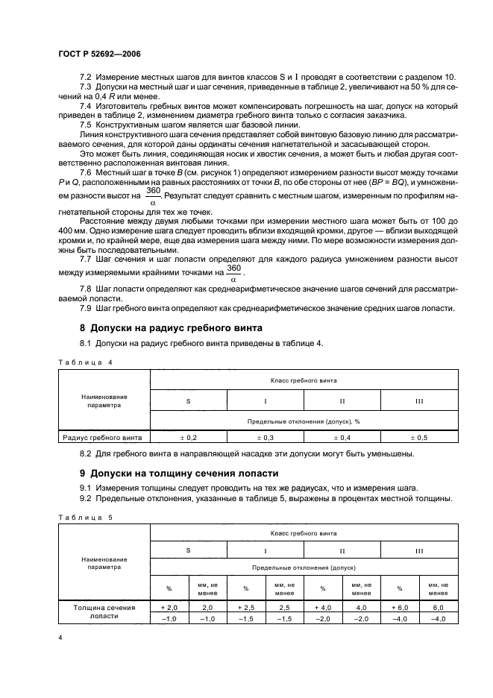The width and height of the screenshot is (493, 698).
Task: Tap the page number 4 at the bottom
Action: coord(60,638)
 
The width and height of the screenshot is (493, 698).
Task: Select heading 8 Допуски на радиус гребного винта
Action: coord(171,328)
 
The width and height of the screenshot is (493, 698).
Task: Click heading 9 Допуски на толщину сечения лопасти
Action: coord(179,473)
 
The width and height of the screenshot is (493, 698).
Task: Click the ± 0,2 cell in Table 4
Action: coord(189,437)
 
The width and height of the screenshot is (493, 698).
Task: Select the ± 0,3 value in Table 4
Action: coord(266,437)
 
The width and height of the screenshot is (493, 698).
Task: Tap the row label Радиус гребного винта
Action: coord(104,437)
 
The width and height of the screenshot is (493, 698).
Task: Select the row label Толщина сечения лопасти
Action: coord(104,613)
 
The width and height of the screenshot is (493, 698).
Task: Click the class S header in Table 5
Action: coord(189,550)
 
